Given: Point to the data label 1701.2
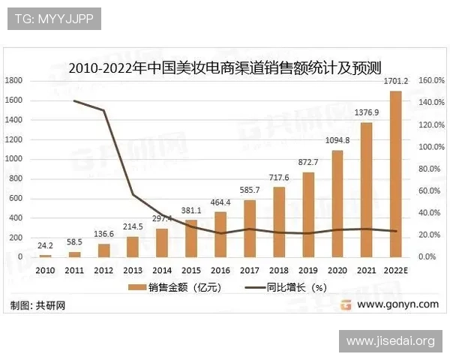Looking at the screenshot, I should tap(395, 81).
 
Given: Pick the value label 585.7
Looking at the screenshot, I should tap(250, 190).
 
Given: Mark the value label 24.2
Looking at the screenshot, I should tap(46, 245).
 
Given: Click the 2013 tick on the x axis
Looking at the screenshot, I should tap(133, 269).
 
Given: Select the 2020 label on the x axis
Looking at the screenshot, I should tap(337, 269).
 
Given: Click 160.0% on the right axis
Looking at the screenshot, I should tap(432, 80).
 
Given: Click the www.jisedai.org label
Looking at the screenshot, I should tap(390, 341).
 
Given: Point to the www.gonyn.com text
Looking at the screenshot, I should tap(397, 304).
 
